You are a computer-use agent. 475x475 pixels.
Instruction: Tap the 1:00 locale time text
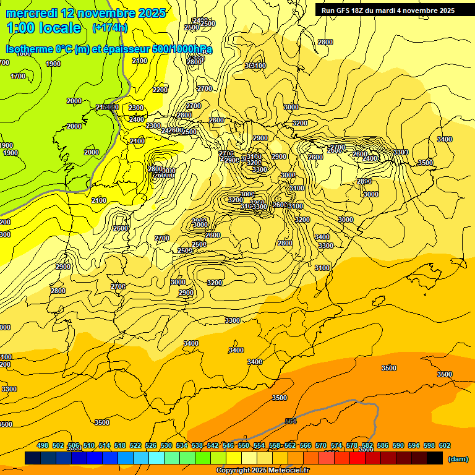coord(44,28)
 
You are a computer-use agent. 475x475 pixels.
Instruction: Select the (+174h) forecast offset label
coord(109,28)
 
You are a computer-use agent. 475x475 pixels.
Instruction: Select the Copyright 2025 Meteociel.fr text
coord(262,471)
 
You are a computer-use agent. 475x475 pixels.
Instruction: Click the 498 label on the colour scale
coord(43,445)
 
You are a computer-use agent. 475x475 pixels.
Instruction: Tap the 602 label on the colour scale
coord(445,445)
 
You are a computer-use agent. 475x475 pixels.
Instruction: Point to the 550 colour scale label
coord(244,445)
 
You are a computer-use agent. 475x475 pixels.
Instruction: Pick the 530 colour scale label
coord(166,445)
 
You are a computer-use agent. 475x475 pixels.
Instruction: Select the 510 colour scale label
coord(89,445)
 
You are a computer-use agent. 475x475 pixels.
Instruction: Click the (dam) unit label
coord(458,458)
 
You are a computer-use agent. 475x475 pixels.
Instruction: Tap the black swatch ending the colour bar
coord(435,458)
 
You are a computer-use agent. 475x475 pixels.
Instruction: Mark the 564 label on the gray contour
coord(291,421)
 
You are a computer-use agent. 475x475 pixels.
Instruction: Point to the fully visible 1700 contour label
coord(18,76)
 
